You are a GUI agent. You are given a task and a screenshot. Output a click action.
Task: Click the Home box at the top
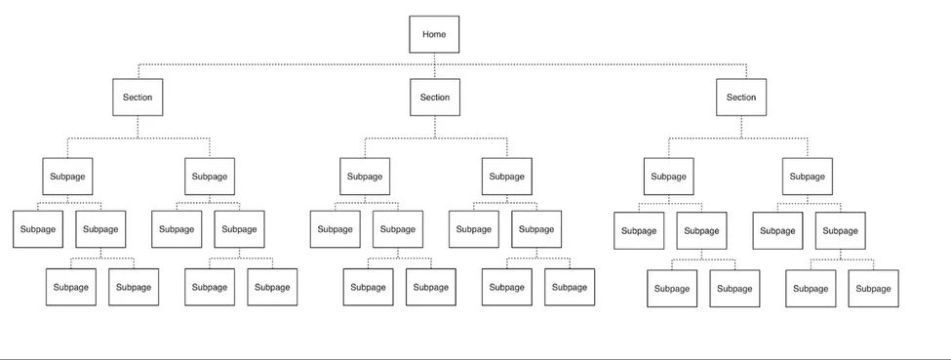(x=434, y=34)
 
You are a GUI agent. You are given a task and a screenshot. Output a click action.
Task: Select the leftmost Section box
(x=138, y=98)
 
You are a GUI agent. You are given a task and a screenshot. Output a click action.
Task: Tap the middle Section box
(x=435, y=98)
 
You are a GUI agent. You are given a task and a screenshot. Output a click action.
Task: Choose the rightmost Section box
(x=741, y=98)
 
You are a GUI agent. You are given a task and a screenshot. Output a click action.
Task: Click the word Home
(x=434, y=34)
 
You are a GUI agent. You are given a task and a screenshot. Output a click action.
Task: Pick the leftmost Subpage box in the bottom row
(x=71, y=287)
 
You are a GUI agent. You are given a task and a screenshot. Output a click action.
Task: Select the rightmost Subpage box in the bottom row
(x=873, y=288)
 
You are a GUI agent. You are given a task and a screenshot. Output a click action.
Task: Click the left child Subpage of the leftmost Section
(x=66, y=177)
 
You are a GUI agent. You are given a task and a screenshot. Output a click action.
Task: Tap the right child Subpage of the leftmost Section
(x=210, y=177)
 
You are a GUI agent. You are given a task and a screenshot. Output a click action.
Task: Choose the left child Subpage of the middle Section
(x=365, y=177)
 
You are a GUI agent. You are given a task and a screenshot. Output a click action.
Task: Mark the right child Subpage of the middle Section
(x=506, y=177)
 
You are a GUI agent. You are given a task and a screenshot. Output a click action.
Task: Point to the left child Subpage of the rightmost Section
(x=668, y=177)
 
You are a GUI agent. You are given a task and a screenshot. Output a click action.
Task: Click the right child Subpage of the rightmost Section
(x=807, y=177)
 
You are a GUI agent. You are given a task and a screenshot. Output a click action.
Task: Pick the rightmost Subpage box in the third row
(x=841, y=230)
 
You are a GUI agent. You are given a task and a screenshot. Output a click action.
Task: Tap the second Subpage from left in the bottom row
(x=134, y=287)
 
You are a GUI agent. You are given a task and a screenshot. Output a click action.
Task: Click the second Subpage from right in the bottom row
(x=811, y=288)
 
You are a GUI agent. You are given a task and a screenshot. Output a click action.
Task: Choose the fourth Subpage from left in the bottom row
(x=272, y=287)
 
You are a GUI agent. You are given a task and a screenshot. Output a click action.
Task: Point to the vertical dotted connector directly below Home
(x=434, y=59)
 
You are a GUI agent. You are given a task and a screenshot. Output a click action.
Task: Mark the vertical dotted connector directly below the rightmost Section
(x=741, y=127)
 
